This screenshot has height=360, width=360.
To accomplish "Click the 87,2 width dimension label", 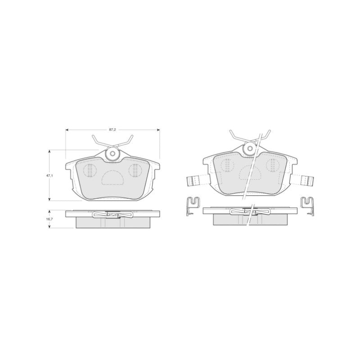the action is [x=112, y=130].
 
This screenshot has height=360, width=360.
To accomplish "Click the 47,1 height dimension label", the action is [x=49, y=175].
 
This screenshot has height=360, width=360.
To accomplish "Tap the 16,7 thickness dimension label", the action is [x=49, y=219].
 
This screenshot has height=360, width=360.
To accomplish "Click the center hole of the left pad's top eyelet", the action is [x=112, y=153].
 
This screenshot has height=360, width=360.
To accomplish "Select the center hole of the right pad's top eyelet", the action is [x=249, y=148].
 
